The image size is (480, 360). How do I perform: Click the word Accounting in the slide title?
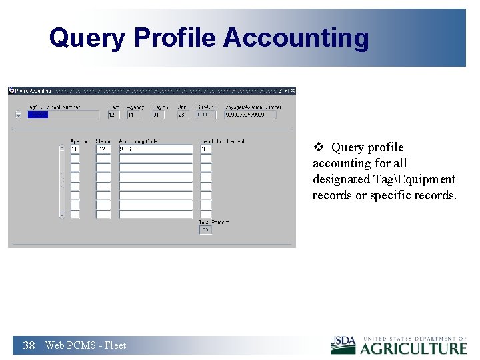point(296,38)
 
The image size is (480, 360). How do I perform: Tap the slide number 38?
point(29,345)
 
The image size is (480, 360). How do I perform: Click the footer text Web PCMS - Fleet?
point(85,345)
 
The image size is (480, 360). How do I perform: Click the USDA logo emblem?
point(343,345)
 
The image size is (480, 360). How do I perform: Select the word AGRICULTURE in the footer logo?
point(414,348)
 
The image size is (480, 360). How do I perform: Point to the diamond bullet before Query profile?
point(318,147)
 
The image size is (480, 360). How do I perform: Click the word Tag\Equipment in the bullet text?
point(421,179)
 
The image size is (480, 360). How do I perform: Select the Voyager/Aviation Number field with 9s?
point(250,115)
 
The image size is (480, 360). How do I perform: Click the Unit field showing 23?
point(183,115)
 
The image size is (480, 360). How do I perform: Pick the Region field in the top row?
point(158,115)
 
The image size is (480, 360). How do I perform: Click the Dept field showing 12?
point(113,115)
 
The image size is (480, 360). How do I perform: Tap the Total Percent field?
point(205,230)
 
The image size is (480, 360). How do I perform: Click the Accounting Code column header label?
point(138,141)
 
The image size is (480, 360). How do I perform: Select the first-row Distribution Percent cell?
point(206,149)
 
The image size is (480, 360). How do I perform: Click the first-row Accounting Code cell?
point(155,149)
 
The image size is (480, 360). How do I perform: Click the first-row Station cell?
point(103,149)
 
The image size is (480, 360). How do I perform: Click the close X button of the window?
point(292,91)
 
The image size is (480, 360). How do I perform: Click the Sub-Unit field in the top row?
point(206,115)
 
